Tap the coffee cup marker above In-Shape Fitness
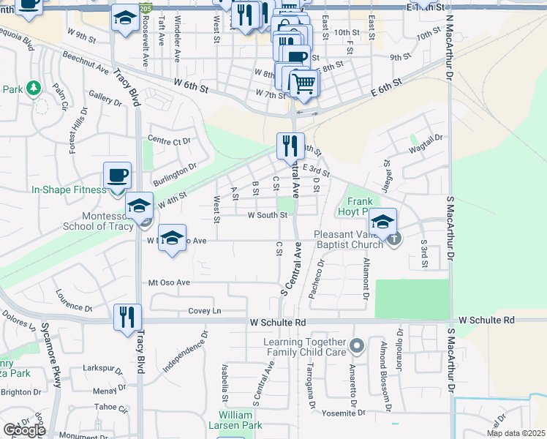click(117, 176)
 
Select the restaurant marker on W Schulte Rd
click(127, 317)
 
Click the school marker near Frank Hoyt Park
click(382, 221)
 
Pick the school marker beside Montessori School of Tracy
click(139, 206)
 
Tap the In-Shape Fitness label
click(69, 190)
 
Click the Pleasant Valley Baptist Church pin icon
click(394, 238)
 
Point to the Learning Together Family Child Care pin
click(356, 344)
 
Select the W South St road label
click(267, 215)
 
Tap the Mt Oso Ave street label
click(169, 282)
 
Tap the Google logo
click(24, 430)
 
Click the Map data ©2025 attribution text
click(514, 433)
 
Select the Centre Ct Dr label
click(168, 140)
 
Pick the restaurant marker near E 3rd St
click(290, 146)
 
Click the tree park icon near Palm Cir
click(32, 89)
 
